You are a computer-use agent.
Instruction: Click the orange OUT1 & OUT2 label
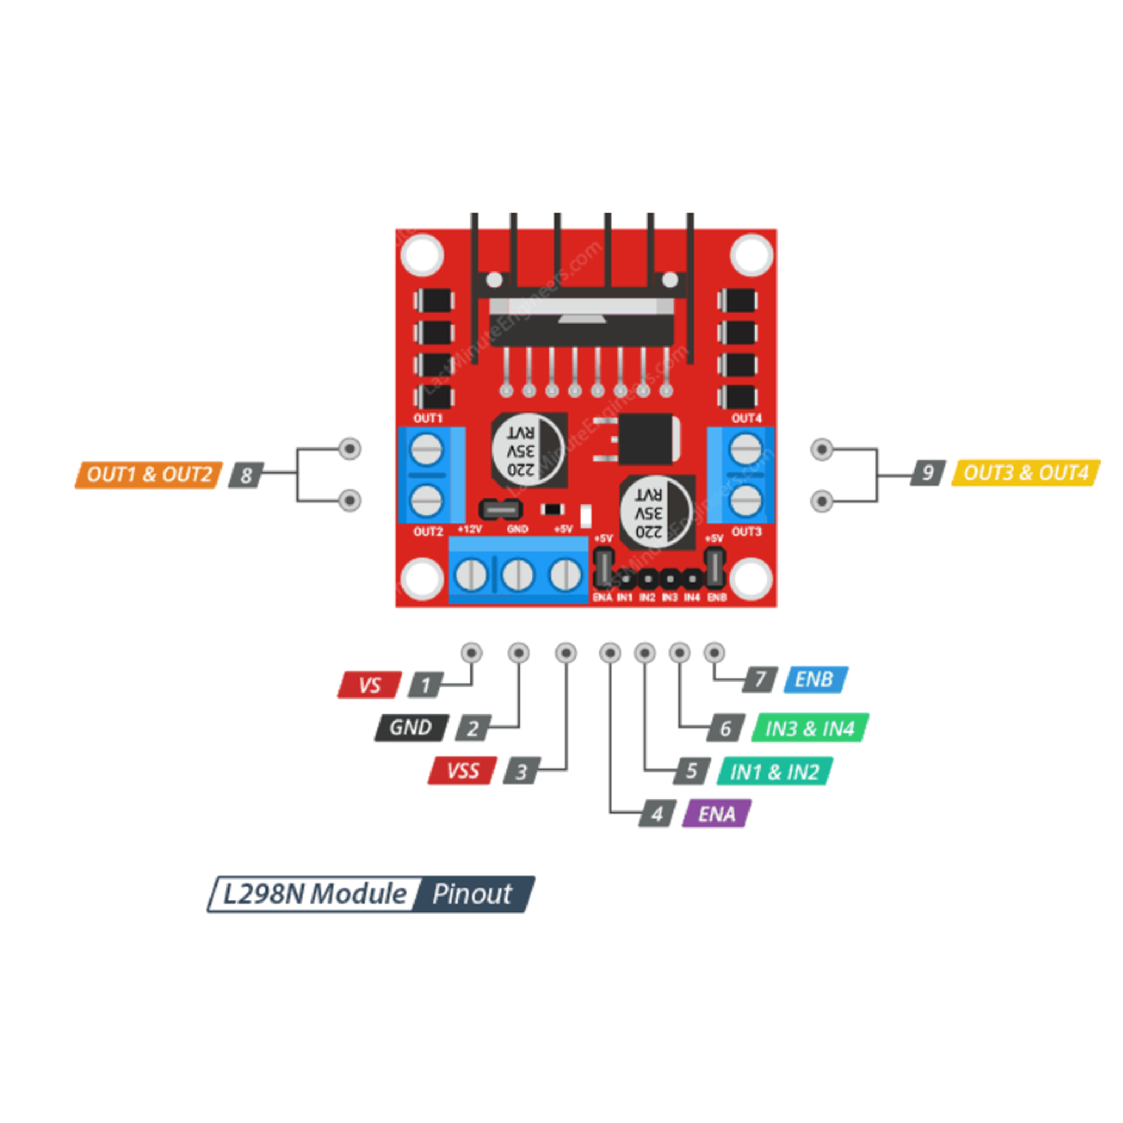point(149,474)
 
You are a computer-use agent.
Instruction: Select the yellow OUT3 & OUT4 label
point(1025,473)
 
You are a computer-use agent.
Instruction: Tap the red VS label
point(370,685)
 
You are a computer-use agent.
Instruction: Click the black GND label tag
point(411,727)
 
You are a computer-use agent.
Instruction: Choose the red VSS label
point(463,771)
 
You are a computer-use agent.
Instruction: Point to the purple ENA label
point(716,814)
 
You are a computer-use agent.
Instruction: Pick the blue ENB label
point(815,679)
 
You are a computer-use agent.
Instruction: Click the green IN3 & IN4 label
point(810,728)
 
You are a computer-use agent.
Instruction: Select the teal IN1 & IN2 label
point(774,772)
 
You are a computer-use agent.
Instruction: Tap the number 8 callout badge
point(246,475)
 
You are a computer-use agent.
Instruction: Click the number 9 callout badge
point(928,473)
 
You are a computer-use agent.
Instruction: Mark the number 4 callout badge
point(657,814)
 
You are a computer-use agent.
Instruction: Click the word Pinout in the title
point(472,894)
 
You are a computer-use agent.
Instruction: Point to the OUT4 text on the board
point(746,418)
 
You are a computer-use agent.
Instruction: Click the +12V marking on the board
point(470,529)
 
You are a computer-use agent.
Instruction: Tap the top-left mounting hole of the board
point(423,254)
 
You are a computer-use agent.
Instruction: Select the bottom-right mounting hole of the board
point(751,579)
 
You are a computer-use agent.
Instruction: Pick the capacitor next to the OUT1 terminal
point(529,450)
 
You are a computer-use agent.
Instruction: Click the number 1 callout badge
point(426,685)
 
